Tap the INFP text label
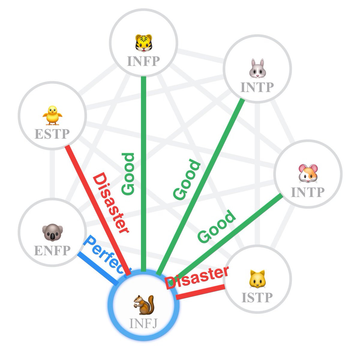143,61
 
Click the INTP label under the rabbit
257,87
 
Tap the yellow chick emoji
52,115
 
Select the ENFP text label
52,250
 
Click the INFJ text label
143,323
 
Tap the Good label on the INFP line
128,174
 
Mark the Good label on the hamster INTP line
216,226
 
